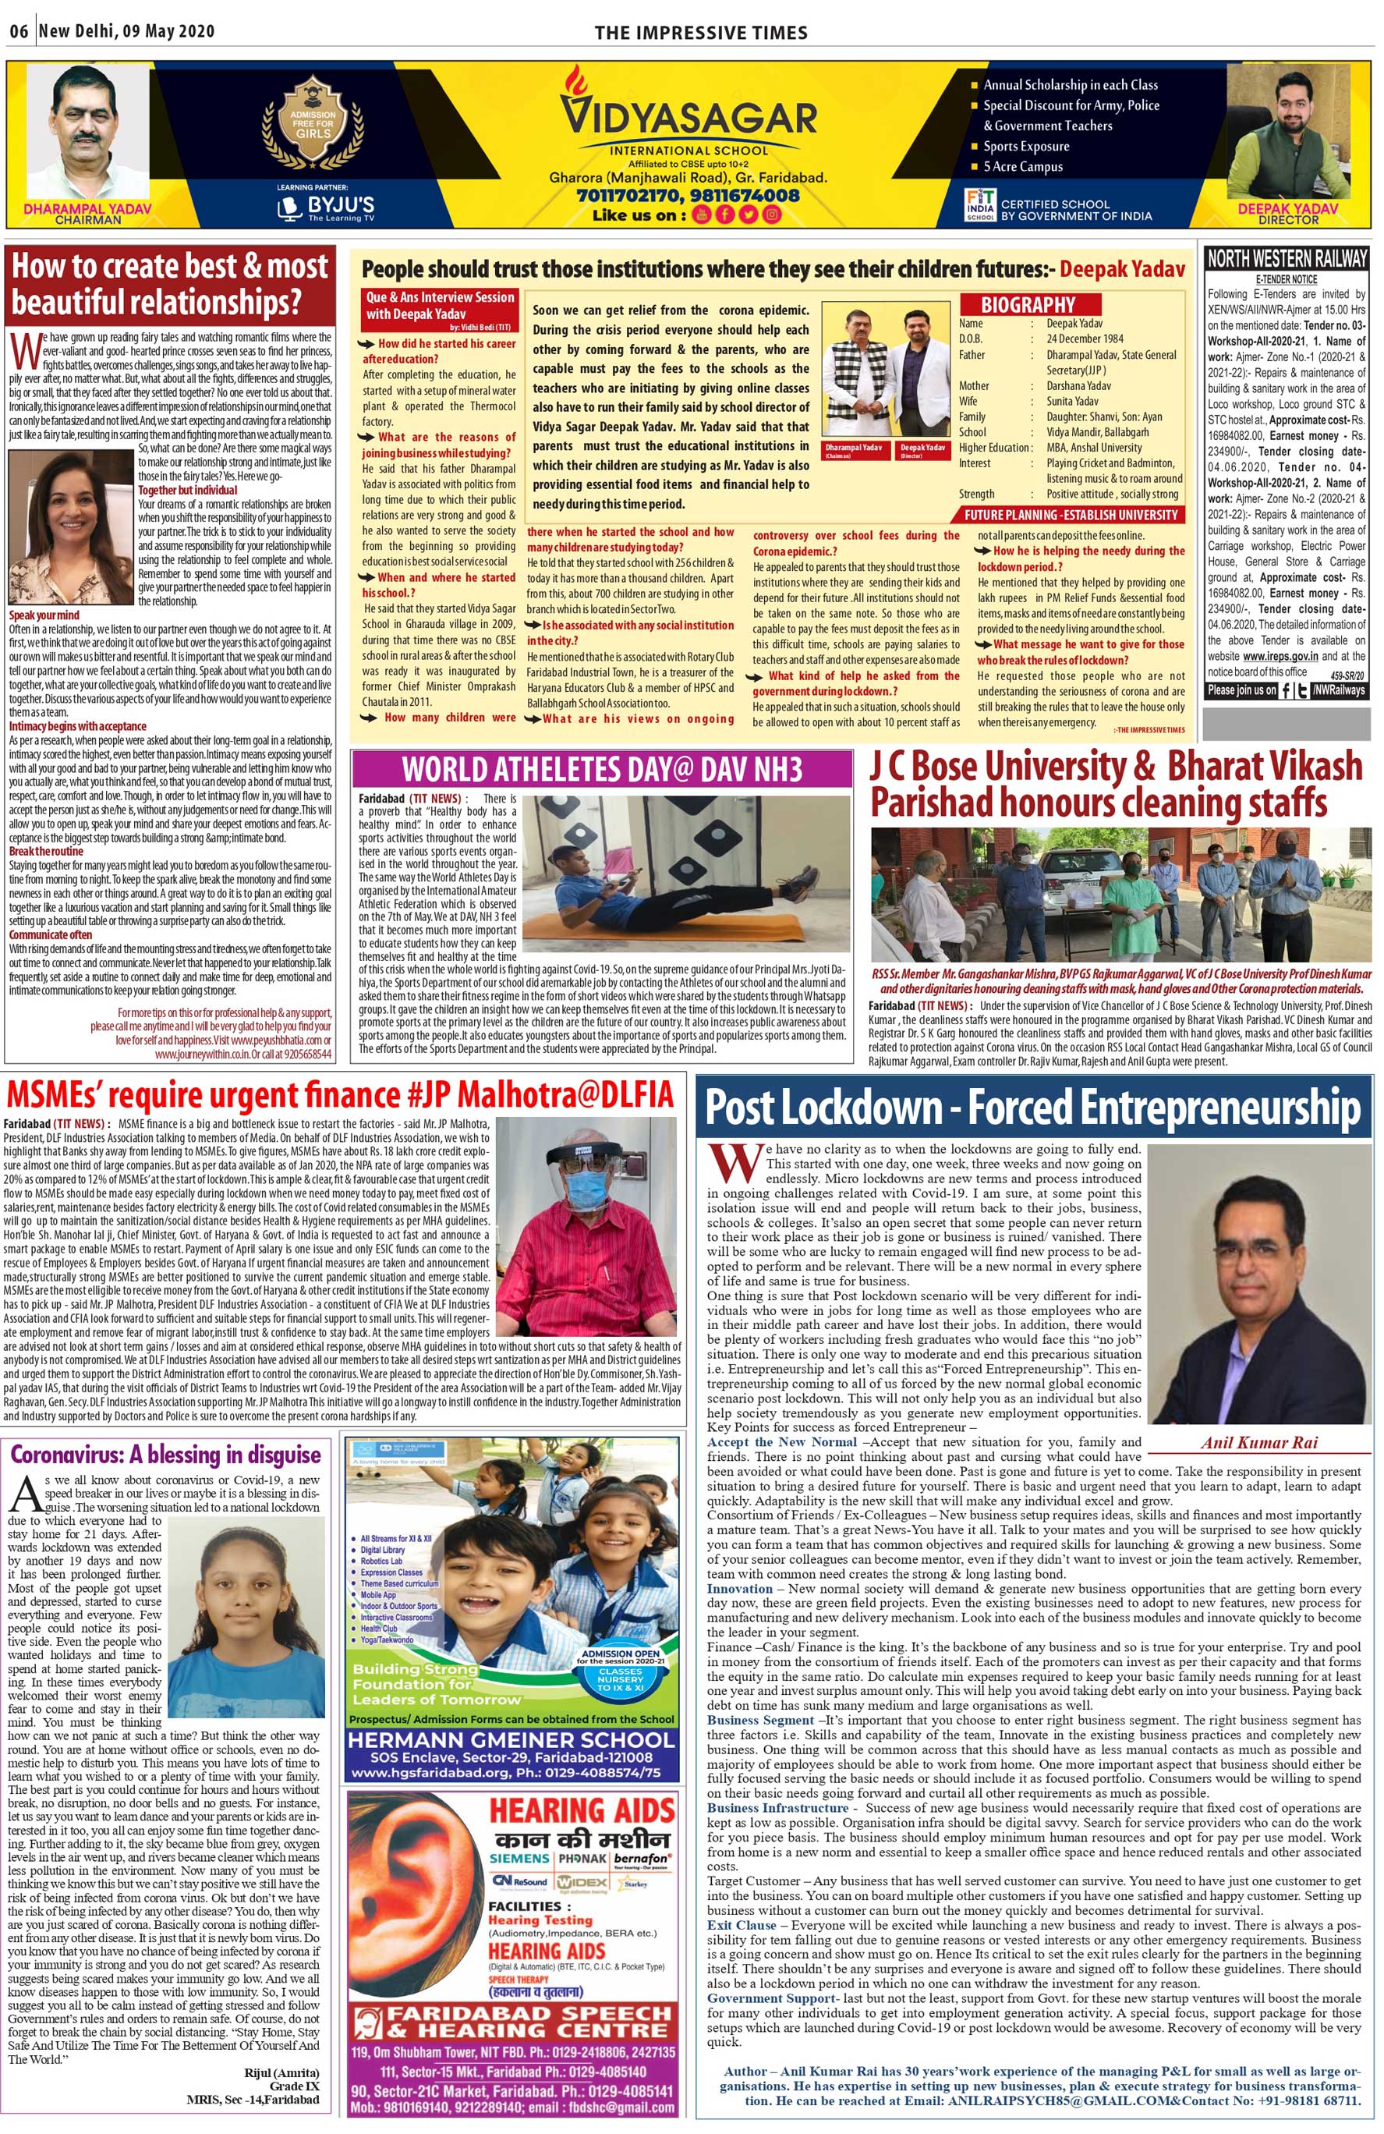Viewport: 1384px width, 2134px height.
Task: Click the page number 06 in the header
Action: (x=19, y=31)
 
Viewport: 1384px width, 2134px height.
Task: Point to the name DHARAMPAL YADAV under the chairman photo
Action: (x=87, y=208)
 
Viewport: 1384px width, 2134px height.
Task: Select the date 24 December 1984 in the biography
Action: (x=1085, y=339)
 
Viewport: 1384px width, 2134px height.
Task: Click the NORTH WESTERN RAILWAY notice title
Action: (x=1287, y=259)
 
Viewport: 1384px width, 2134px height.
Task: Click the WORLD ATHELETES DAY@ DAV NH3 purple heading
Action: (x=601, y=770)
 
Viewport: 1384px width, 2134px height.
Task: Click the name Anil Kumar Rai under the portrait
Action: (x=1258, y=1442)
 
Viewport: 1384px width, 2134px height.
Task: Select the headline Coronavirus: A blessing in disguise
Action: (x=166, y=1455)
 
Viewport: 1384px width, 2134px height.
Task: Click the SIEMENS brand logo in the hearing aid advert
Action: (x=519, y=1858)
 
